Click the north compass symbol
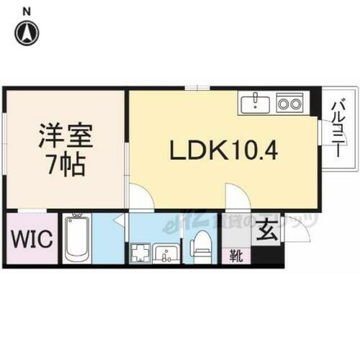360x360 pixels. [x=28, y=32]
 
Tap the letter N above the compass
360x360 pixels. [x=27, y=9]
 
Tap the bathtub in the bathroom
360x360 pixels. [x=76, y=239]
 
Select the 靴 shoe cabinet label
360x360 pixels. [x=235, y=254]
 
